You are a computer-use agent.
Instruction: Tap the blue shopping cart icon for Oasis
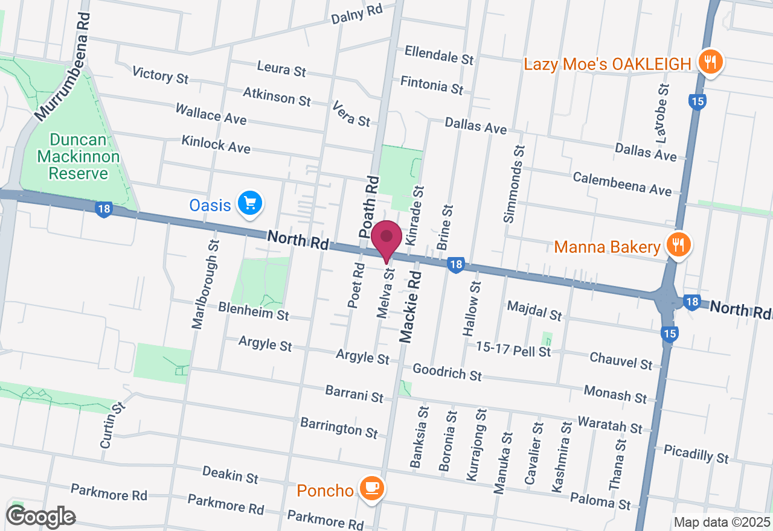(249, 204)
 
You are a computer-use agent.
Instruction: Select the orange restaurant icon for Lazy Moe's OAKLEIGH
(711, 63)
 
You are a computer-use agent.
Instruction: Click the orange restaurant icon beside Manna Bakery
(678, 246)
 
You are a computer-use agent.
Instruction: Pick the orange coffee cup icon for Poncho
(371, 489)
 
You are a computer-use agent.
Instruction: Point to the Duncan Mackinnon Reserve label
(79, 157)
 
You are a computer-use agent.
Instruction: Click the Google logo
(40, 517)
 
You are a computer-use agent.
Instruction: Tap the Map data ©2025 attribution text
(722, 522)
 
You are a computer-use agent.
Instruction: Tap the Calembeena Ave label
(622, 183)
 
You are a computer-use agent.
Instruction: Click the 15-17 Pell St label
(513, 349)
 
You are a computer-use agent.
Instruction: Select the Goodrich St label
(447, 372)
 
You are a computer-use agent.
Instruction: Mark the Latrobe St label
(663, 113)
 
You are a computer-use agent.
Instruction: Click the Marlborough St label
(205, 284)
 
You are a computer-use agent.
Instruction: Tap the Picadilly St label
(696, 454)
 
